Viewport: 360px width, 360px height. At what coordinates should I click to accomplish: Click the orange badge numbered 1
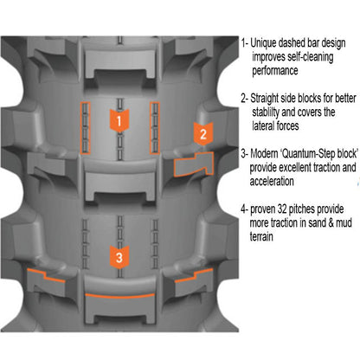[119, 121]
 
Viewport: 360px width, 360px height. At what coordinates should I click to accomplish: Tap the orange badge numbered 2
[202, 133]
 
